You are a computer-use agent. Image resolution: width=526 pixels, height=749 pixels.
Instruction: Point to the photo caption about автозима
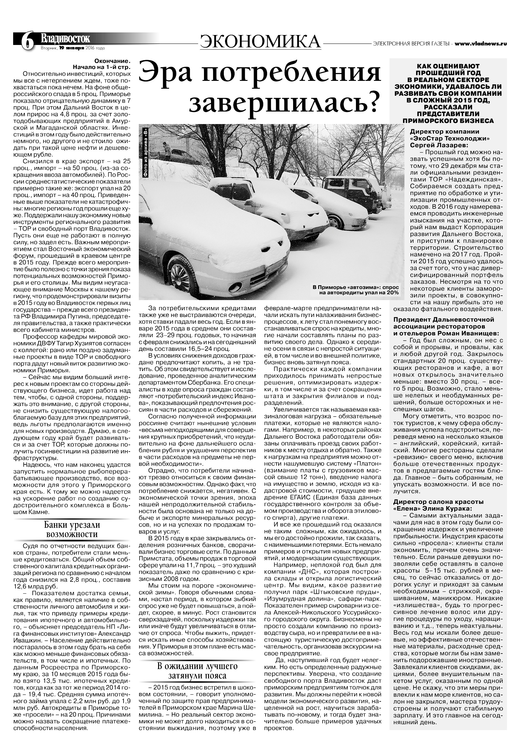356,290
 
